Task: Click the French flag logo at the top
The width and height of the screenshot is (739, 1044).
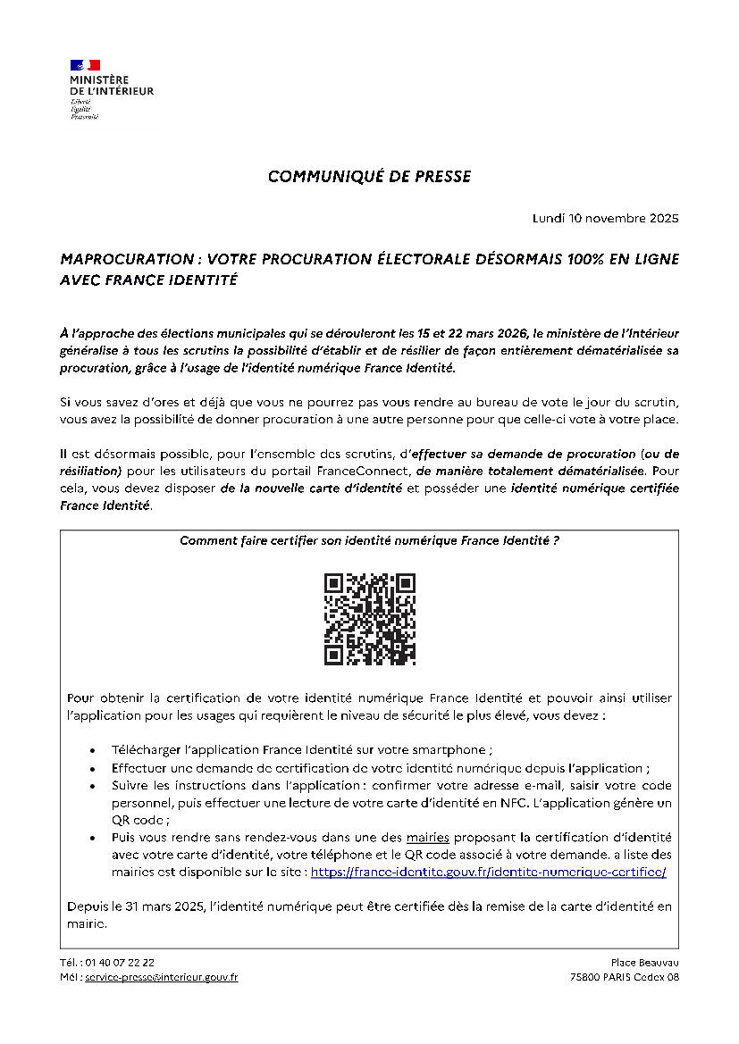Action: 85,65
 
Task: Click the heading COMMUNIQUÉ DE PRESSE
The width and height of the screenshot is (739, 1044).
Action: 369,177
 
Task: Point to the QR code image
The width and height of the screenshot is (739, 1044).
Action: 369,619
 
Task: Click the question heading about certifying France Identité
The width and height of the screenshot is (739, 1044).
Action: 369,540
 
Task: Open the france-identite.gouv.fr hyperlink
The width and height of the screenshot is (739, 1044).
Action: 488,871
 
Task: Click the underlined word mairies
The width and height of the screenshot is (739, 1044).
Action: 427,838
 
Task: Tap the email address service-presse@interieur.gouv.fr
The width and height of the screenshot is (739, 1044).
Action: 161,977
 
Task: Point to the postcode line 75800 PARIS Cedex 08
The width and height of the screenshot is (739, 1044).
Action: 624,977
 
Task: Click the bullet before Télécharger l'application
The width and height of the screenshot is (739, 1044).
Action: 94,751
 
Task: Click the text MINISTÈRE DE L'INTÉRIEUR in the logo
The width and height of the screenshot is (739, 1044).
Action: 112,86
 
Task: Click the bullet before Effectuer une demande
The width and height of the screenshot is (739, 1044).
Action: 94,768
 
